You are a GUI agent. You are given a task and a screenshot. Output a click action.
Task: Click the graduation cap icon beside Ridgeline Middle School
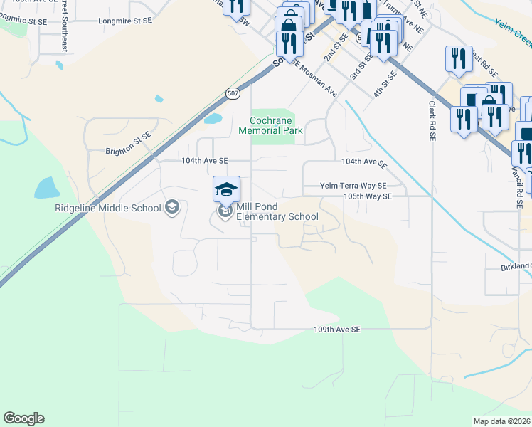(171, 208)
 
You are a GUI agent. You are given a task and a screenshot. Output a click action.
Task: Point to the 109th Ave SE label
(338, 330)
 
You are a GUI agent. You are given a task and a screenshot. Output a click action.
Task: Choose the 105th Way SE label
(367, 196)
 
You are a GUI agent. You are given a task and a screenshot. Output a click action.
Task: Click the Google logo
(23, 418)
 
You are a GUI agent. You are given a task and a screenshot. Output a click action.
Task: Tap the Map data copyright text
(502, 421)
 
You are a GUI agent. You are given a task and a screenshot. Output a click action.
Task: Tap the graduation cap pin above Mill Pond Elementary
(226, 189)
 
